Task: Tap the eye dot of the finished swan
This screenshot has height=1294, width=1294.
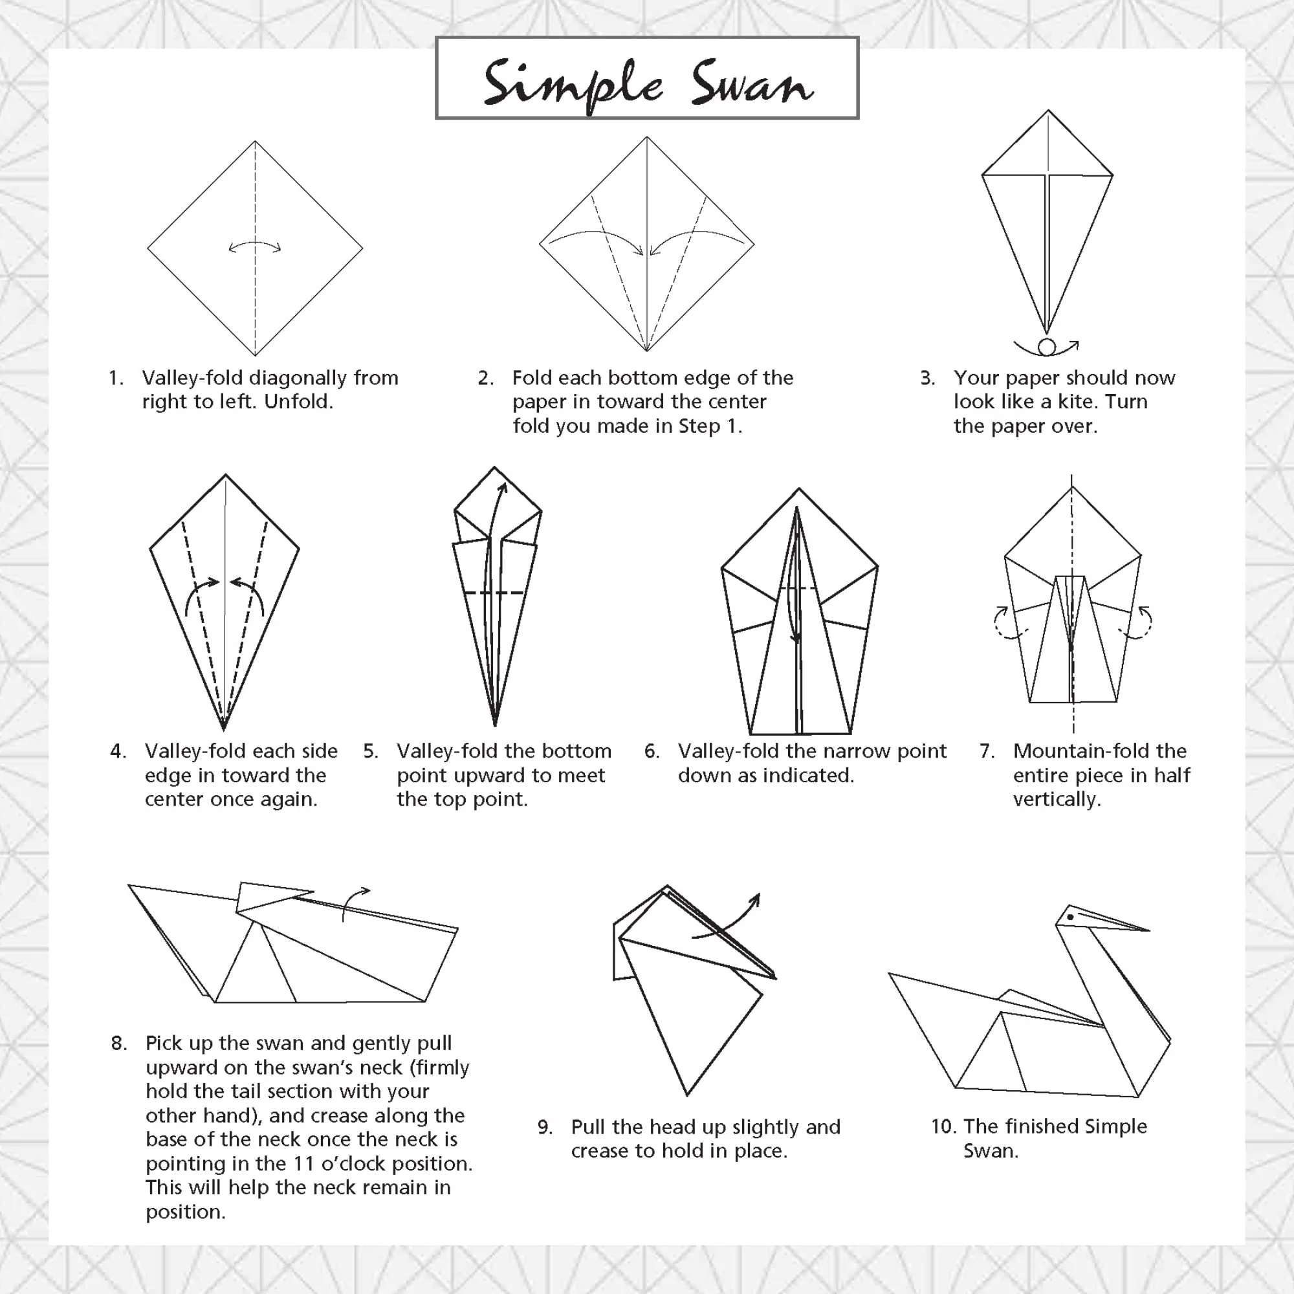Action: coord(1070,917)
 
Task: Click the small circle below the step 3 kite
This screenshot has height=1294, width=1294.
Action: coord(1047,347)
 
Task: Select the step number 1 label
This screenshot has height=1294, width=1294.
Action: coord(116,378)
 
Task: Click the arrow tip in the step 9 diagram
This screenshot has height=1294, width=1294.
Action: coord(758,895)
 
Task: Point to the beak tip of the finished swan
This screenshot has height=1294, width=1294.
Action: coord(1148,930)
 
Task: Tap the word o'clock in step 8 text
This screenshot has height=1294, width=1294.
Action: coord(355,1163)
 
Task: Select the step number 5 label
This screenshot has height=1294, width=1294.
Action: coord(371,751)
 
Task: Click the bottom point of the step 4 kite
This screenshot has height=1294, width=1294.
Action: coord(224,729)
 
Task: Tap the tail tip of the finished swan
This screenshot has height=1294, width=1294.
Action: coord(890,974)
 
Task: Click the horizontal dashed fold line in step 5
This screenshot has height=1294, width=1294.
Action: coord(494,592)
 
